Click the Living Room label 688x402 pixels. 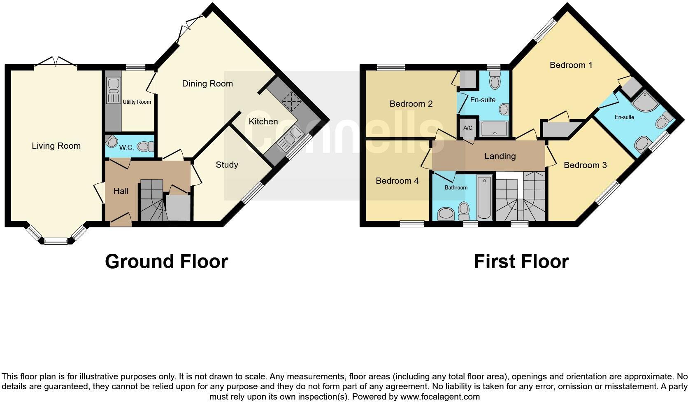(56, 146)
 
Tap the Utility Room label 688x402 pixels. (137, 102)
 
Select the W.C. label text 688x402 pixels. (126, 148)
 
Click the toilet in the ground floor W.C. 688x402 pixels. (145, 146)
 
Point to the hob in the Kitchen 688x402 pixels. (291, 100)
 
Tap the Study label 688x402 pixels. (227, 165)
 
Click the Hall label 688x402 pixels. (121, 191)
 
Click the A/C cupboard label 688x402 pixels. (468, 128)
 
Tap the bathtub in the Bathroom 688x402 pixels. (484, 197)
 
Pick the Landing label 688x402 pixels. (500, 156)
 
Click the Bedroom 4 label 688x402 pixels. (397, 181)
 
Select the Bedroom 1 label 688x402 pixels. (571, 65)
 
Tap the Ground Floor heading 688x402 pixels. (166, 262)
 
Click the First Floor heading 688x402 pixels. (521, 262)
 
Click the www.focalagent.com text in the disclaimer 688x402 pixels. (439, 397)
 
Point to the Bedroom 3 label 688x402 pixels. (585, 165)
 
